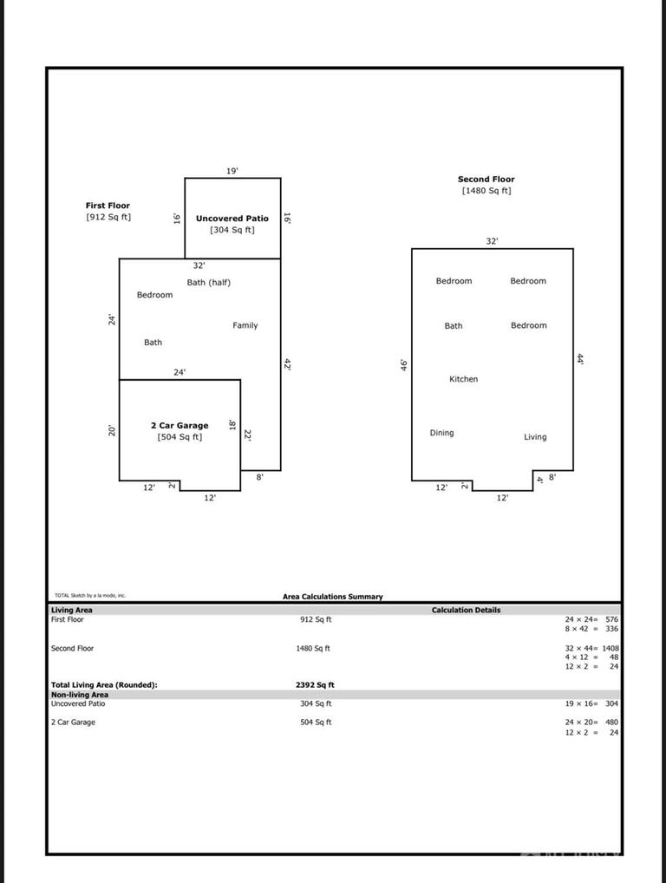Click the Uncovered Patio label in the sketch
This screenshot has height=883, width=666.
tap(232, 219)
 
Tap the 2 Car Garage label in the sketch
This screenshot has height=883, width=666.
tap(180, 426)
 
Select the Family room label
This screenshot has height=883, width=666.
tap(245, 325)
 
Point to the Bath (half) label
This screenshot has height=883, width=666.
tap(209, 283)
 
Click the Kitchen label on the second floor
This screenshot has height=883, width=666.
tap(463, 379)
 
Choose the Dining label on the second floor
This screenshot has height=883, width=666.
tap(441, 433)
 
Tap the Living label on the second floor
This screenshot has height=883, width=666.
tap(535, 437)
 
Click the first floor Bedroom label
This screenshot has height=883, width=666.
tap(154, 295)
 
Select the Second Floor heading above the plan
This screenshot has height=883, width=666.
tap(486, 180)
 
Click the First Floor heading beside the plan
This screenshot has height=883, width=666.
tap(108, 206)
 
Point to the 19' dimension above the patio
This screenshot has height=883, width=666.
tap(232, 171)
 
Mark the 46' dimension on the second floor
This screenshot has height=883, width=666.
tap(404, 365)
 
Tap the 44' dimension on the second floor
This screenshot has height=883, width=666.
tap(580, 358)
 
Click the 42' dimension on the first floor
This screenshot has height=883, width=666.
tap(287, 365)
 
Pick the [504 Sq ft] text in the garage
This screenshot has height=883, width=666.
tap(180, 437)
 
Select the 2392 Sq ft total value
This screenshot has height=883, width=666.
tap(315, 685)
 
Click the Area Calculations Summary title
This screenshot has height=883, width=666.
tap(332, 597)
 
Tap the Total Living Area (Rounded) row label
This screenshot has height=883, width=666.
tap(104, 685)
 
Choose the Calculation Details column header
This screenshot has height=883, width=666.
tap(466, 610)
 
